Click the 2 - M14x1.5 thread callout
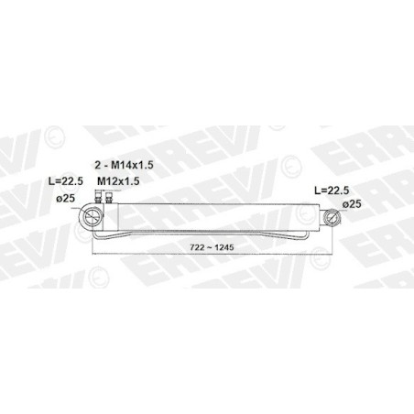pyautogui.click(x=124, y=165)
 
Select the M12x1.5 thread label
pyautogui.click(x=118, y=181)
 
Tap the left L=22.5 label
pyautogui.click(x=66, y=181)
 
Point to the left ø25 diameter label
pyautogui.click(x=65, y=199)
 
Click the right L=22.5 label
pyautogui.click(x=332, y=191)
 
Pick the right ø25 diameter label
pyautogui.click(x=352, y=204)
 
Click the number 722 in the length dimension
pyautogui.click(x=197, y=247)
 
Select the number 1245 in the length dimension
pyautogui.click(x=224, y=247)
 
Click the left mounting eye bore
pyautogui.click(x=91, y=217)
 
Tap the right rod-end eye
pyautogui.click(x=332, y=217)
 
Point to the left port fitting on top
pyautogui.click(x=98, y=197)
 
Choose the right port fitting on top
pyautogui.click(x=108, y=197)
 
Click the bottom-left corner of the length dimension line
pyautogui.click(x=93, y=254)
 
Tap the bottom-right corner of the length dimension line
pyautogui.click(x=332, y=254)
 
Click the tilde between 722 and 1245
pyautogui.click(x=210, y=247)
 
